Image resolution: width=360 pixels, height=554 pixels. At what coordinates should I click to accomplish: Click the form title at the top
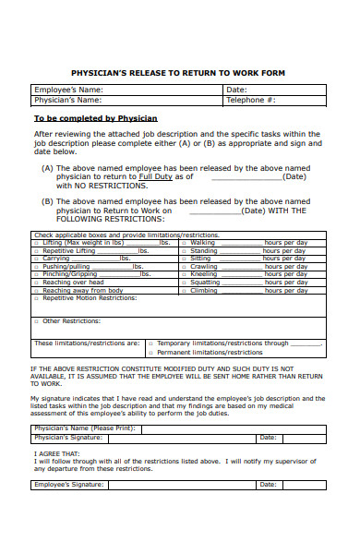pos(178,72)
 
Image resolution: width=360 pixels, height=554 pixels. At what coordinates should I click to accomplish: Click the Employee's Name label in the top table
pos(67,90)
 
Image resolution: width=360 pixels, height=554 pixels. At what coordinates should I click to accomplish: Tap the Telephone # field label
pos(251,99)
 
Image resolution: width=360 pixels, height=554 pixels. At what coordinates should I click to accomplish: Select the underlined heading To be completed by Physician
pos(95,118)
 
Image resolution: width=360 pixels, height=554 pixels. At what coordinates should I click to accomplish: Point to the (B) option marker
pos(47,200)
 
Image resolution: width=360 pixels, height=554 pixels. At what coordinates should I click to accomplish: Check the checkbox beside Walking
pos(184,243)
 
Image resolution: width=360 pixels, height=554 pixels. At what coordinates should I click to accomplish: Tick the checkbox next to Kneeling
pos(184,274)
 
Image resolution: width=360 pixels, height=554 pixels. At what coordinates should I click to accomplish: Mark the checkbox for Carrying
pos(38,259)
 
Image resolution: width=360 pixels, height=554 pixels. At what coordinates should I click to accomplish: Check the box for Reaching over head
pos(38,283)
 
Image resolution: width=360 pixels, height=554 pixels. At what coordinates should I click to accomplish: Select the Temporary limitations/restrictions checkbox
pos(150,343)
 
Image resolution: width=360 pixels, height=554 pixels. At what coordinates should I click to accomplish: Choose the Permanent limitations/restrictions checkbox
pos(150,352)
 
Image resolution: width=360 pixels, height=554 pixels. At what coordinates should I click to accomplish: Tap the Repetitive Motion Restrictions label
pos(90,298)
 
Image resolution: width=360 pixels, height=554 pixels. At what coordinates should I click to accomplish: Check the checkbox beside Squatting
pos(184,283)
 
